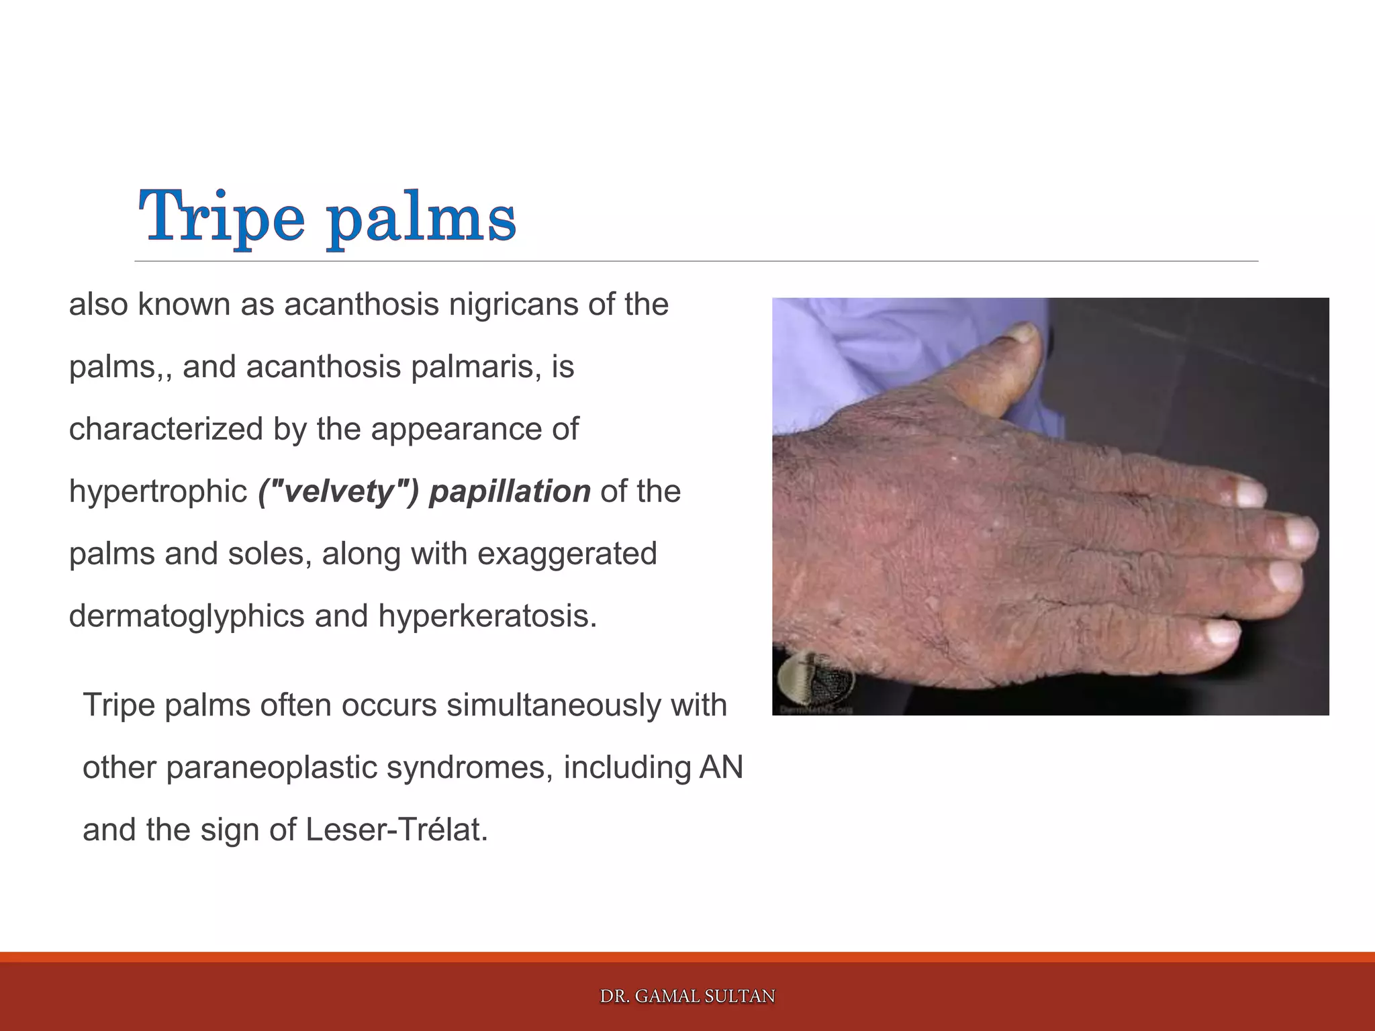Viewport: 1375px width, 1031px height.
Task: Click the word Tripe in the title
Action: pos(222,216)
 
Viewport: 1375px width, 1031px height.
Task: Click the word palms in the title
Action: pos(422,218)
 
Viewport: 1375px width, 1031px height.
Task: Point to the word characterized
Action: pos(165,429)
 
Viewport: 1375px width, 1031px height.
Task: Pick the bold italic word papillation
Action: pos(510,492)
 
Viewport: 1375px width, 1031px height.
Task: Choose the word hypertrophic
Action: pos(158,492)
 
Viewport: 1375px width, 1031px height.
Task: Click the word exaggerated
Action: pos(567,554)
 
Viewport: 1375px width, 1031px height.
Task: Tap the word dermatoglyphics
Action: pos(186,616)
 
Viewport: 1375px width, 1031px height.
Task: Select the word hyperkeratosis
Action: pos(487,616)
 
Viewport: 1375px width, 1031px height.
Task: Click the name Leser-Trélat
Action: pos(396,830)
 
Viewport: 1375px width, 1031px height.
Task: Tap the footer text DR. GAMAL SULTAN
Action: pos(687,996)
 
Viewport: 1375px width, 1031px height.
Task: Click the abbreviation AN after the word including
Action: pos(721,768)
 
